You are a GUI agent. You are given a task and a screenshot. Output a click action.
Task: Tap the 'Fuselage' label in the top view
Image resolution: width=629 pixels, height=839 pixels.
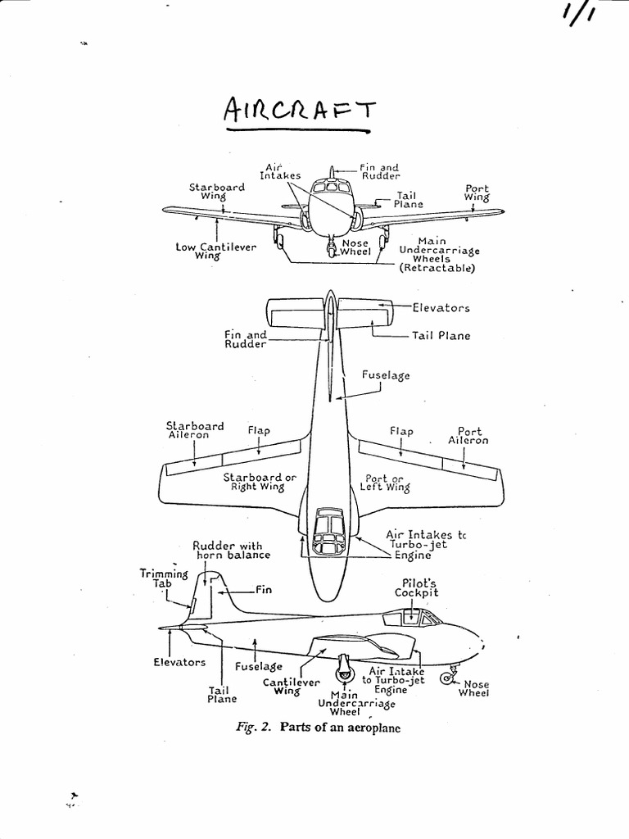386,375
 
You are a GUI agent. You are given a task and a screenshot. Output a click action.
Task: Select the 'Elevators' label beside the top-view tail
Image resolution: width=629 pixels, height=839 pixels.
441,308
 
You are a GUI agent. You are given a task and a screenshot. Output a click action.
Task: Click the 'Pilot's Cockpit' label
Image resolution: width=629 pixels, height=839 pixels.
416,587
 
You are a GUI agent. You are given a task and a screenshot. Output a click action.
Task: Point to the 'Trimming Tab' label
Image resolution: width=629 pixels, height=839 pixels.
165,578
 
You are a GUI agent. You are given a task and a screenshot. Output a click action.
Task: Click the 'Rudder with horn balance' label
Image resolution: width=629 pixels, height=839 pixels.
232,550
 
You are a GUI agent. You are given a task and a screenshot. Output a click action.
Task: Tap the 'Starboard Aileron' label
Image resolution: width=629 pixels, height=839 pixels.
195,430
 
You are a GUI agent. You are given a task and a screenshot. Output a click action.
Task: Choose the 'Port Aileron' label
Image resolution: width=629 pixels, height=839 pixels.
468,435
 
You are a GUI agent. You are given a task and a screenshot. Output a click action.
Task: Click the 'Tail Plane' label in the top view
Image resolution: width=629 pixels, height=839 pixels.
441,336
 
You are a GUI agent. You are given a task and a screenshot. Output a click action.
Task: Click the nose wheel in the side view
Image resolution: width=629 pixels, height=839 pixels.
447,678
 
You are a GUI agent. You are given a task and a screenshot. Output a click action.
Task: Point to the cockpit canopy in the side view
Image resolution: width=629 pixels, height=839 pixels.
414,617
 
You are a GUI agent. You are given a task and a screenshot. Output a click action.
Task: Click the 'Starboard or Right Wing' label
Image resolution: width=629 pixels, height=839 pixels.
259,482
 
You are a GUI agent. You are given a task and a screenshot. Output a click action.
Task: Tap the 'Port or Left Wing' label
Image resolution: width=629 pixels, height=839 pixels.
385,482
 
